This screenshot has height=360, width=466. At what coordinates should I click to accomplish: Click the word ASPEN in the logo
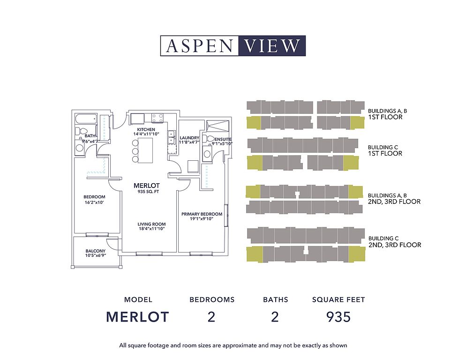200,46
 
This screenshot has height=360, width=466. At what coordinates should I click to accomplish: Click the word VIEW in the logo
272,46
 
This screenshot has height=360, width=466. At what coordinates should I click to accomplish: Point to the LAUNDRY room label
189,138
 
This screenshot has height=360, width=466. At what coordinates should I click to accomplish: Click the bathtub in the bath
86,119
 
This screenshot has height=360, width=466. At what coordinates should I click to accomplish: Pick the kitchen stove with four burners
158,117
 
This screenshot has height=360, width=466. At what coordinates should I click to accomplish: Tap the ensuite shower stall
218,126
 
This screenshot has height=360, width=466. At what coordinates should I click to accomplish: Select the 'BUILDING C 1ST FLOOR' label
385,150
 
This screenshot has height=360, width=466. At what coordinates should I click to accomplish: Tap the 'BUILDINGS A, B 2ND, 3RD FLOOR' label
394,198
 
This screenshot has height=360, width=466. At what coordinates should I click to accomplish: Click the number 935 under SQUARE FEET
338,317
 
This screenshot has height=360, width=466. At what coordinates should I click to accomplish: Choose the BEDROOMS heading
212,300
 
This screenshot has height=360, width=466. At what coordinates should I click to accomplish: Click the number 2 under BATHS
275,317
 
